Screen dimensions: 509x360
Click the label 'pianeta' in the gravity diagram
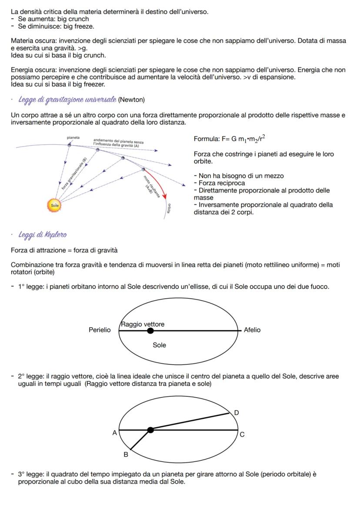[x=73, y=137]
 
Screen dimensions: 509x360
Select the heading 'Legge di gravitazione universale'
[x=67, y=100]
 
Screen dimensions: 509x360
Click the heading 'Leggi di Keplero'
[x=42, y=235]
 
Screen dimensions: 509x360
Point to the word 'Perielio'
[x=100, y=330]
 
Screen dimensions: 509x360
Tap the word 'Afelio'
[x=252, y=330]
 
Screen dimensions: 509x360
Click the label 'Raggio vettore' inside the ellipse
[x=143, y=325]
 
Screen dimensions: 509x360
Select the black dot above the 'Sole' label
[x=150, y=331]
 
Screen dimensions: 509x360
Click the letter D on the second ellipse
[x=236, y=412]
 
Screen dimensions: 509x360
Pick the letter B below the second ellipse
[x=126, y=455]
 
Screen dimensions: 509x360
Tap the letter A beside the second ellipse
[x=115, y=433]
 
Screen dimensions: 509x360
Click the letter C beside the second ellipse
[x=242, y=434]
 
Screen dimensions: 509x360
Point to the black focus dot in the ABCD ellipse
[x=150, y=430]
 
